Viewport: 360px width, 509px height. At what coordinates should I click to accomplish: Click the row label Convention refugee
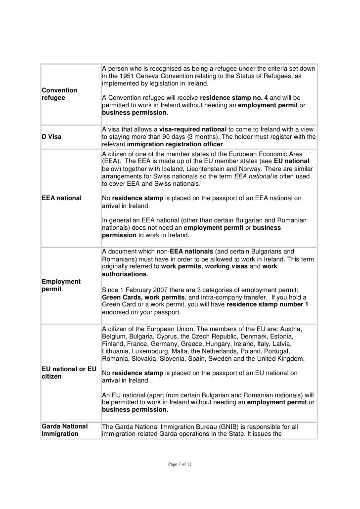pos(60,94)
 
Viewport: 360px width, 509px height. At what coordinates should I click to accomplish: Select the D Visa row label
pos(52,136)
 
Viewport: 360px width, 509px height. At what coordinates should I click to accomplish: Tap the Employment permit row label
pos(61,285)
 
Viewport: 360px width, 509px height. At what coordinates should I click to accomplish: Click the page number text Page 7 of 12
pos(180,464)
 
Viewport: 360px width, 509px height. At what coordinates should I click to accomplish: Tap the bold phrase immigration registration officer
pos(175,144)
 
